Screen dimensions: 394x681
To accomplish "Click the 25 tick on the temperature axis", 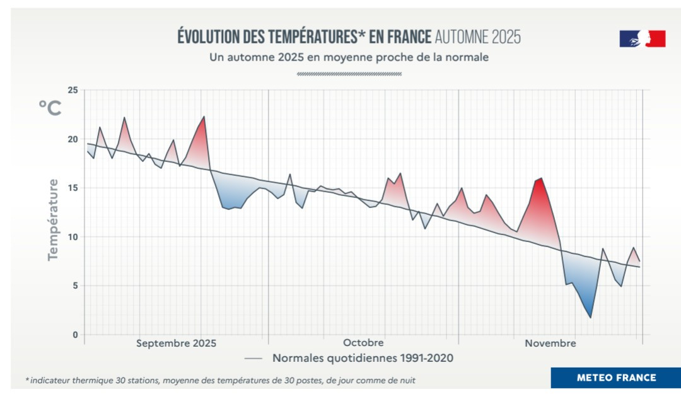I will pos(72,90).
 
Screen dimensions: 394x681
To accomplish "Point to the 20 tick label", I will pos(72,139).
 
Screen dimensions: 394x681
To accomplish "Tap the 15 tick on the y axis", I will pos(72,188).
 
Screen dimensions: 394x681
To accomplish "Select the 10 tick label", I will pos(72,237).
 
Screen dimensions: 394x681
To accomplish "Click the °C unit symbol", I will pos(50,108).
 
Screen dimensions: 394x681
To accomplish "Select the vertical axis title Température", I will pos(53,219).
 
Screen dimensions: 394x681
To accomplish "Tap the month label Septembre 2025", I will pos(176,343).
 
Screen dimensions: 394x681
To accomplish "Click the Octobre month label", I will pos(363,343).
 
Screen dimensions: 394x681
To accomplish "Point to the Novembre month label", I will pos(550,343).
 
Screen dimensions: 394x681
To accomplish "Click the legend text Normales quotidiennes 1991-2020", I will pos(363,358).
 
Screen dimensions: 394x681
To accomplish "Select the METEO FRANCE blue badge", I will pos(616,378).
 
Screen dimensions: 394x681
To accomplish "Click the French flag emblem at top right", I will pos(642,39).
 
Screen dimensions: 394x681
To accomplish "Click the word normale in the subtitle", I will pos(469,57).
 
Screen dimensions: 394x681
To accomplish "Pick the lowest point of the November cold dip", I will pos(590,318).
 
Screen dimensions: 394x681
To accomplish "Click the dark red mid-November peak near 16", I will pos(541,178).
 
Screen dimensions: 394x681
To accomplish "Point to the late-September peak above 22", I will pos(204,117).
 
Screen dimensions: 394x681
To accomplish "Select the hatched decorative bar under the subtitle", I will pos(349,74).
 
